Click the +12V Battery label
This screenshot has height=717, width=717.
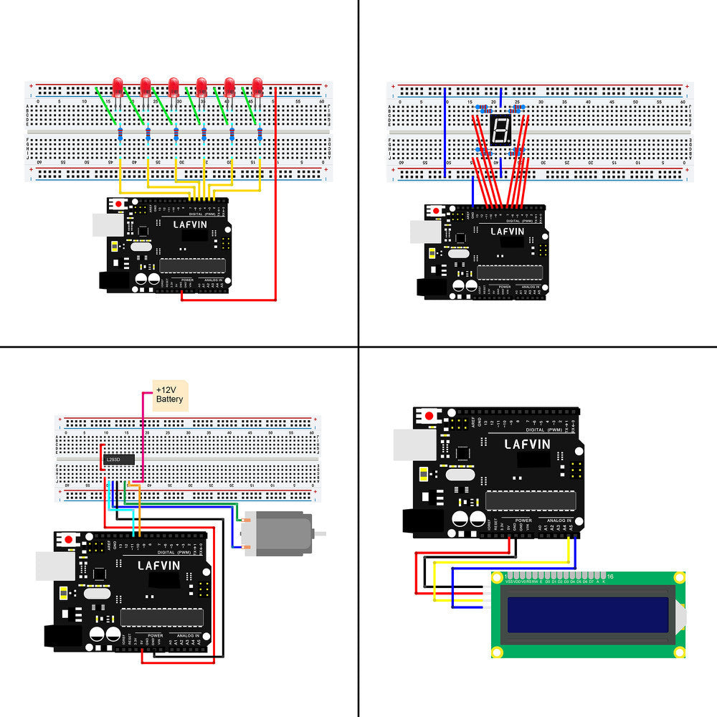click(170, 394)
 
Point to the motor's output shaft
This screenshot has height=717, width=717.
click(321, 533)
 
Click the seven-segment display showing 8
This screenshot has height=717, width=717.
click(500, 130)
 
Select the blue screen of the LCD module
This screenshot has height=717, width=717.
click(589, 614)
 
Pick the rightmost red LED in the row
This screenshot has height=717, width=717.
click(257, 87)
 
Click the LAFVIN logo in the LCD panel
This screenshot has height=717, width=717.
click(527, 444)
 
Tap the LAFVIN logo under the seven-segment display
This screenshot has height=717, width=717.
click(508, 232)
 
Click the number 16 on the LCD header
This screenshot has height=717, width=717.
click(610, 576)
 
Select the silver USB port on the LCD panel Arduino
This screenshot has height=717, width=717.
click(413, 445)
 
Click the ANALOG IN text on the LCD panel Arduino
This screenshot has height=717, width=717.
click(559, 520)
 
